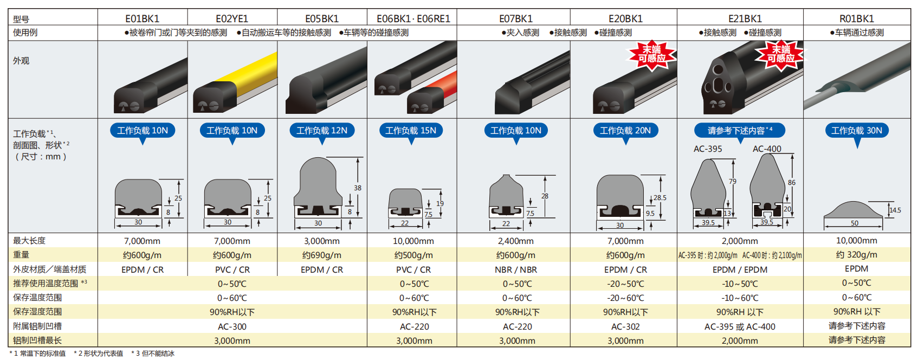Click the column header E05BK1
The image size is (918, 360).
(x=322, y=19)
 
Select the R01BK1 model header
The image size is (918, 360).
(x=857, y=19)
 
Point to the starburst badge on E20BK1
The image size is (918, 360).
(x=651, y=55)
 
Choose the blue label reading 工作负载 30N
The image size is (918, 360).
(x=857, y=130)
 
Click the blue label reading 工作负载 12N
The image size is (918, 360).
(x=322, y=130)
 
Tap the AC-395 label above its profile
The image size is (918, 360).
(x=708, y=149)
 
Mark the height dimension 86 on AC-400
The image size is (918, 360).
(x=791, y=183)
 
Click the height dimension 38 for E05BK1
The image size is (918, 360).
(x=357, y=188)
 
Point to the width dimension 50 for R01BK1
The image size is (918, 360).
(x=854, y=223)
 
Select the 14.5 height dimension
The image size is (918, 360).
(x=895, y=210)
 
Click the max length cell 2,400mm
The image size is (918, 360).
(x=515, y=241)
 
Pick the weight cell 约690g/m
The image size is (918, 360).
(x=322, y=255)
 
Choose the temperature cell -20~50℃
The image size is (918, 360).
(x=625, y=284)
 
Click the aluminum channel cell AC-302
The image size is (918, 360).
(x=625, y=327)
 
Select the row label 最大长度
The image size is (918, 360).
(x=29, y=241)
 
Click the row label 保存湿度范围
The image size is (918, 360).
(x=37, y=312)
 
